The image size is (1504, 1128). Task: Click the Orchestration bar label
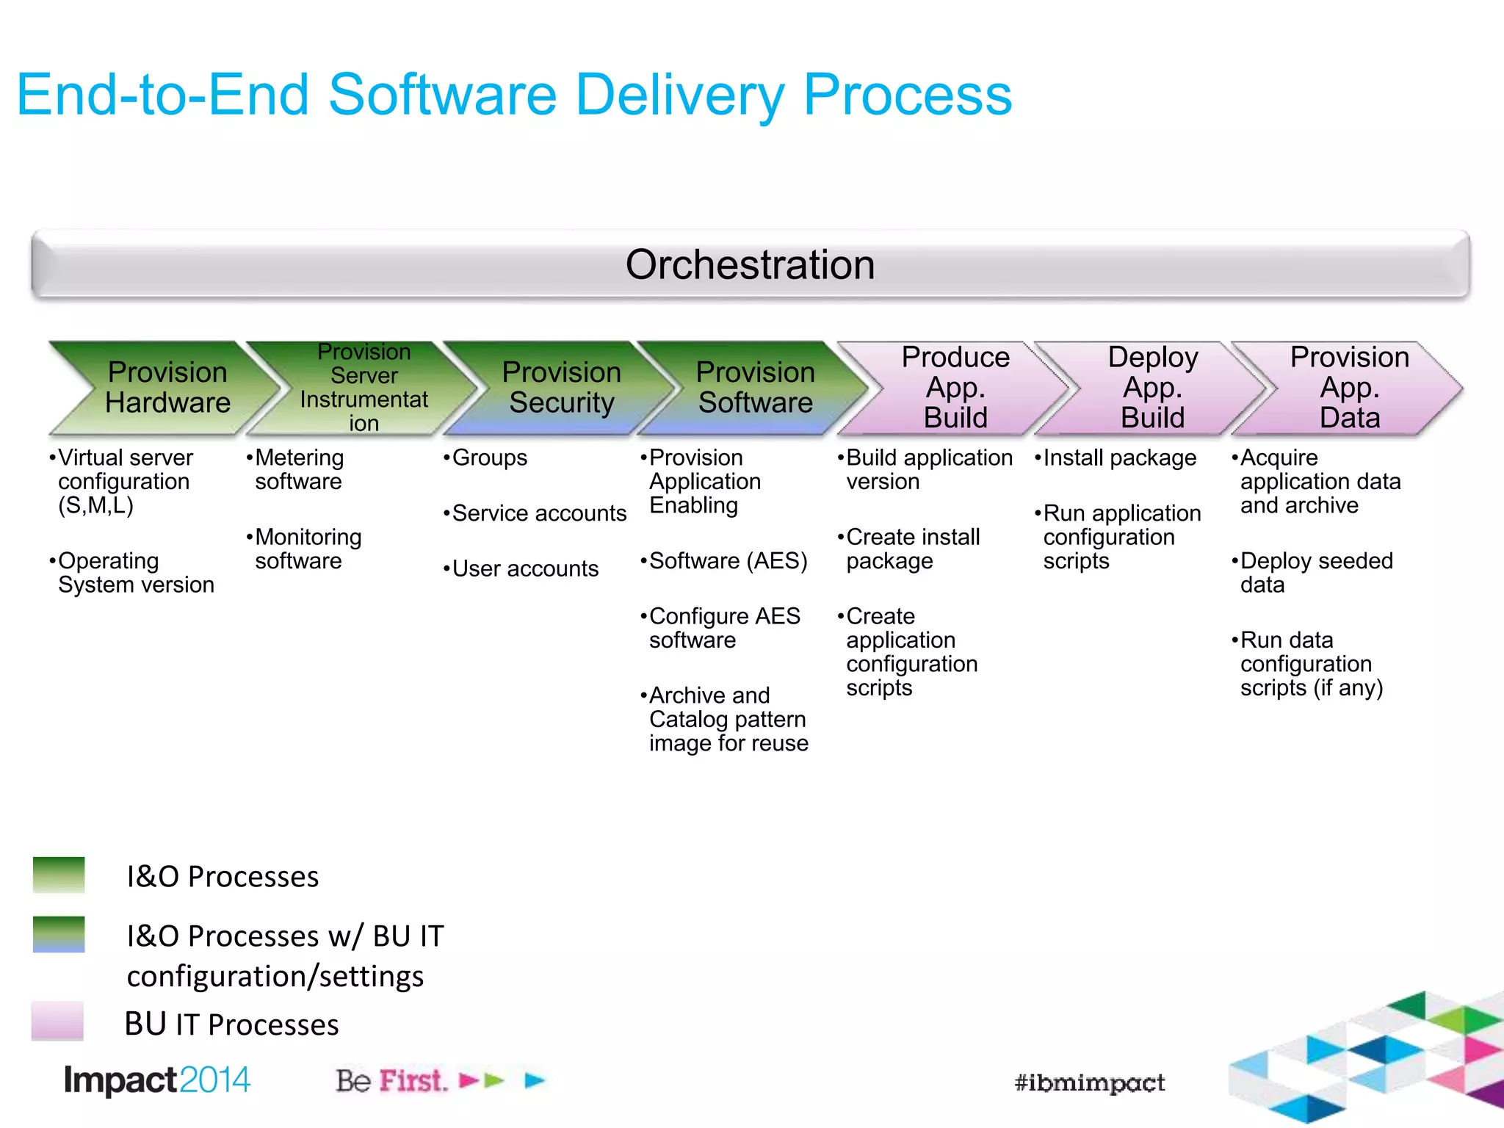pyautogui.click(x=750, y=264)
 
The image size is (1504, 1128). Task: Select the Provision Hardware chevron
pyautogui.click(x=167, y=388)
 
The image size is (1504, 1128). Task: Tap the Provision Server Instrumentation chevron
pyautogui.click(x=364, y=388)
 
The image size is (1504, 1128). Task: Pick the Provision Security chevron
pyautogui.click(x=561, y=388)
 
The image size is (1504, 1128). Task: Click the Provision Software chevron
pyautogui.click(x=755, y=388)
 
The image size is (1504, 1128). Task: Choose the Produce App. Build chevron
pyautogui.click(x=955, y=388)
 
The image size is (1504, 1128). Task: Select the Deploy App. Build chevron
pyautogui.click(x=1152, y=388)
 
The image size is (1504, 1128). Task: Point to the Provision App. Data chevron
pyautogui.click(x=1349, y=388)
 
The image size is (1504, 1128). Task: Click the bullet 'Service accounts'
pyautogui.click(x=538, y=513)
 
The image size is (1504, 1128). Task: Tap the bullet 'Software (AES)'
pyautogui.click(x=727, y=561)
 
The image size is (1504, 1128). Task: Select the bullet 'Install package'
pyautogui.click(x=1119, y=458)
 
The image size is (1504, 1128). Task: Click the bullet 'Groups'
pyautogui.click(x=489, y=458)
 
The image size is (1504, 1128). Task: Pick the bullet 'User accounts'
pyautogui.click(x=524, y=569)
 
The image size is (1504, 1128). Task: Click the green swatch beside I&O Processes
pyautogui.click(x=59, y=875)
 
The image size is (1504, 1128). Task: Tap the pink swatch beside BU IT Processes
pyautogui.click(x=57, y=1021)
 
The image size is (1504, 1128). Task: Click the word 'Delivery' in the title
pyautogui.click(x=680, y=95)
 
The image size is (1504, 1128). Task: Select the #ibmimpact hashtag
pyautogui.click(x=1089, y=1082)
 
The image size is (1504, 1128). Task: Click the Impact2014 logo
pyautogui.click(x=156, y=1080)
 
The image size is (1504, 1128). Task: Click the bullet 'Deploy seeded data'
pyautogui.click(x=1315, y=573)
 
